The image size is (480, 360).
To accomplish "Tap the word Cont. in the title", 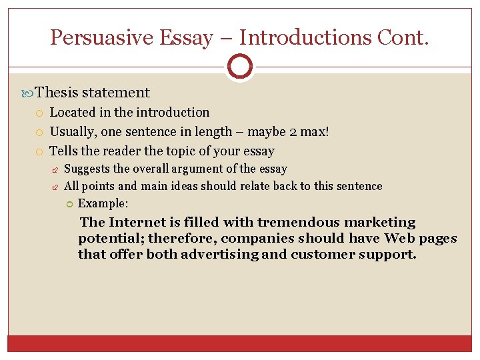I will (x=403, y=37).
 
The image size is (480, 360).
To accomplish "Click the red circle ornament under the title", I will (x=239, y=67).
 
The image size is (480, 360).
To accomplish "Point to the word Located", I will (x=73, y=112).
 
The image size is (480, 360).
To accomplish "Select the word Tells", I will (x=65, y=151).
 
